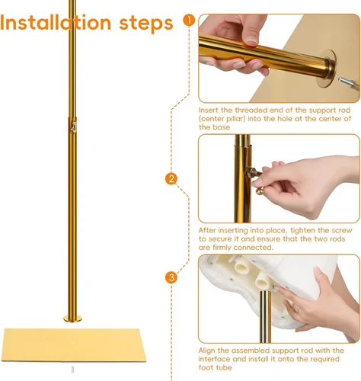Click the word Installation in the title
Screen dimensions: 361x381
(56, 23)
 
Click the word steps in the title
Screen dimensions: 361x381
(146, 24)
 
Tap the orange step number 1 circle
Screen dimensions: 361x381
(189, 20)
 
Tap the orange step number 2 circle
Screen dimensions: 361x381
(171, 179)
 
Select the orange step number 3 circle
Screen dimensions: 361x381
(171, 277)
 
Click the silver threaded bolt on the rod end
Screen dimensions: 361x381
(347, 82)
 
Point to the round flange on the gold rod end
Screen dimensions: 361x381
(327, 68)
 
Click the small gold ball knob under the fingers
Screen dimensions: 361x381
(260, 190)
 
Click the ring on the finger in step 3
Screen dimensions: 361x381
(299, 310)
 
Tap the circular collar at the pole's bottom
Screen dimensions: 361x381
(72, 319)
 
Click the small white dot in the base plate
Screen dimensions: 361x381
(72, 343)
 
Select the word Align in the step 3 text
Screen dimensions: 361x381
(206, 351)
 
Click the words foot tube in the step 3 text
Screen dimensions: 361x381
(216, 367)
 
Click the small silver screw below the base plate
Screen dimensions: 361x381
(72, 370)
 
